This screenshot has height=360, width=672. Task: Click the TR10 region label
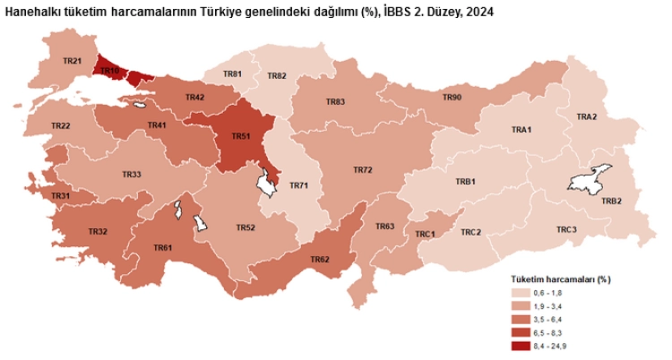pyautogui.click(x=109, y=70)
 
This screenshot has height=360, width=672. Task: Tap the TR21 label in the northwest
pyautogui.click(x=73, y=61)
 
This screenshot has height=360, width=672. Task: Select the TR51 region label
pyautogui.click(x=240, y=136)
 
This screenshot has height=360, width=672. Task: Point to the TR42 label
pyautogui.click(x=194, y=97)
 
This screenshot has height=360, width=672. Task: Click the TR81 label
pyautogui.click(x=232, y=73)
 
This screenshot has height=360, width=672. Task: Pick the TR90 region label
pyautogui.click(x=452, y=97)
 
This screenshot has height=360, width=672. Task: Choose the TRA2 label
pyautogui.click(x=587, y=117)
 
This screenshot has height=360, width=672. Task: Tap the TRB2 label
pyautogui.click(x=612, y=201)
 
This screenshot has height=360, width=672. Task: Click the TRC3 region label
pyautogui.click(x=566, y=230)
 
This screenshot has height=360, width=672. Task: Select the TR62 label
pyautogui.click(x=320, y=260)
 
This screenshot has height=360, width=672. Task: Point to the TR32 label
pyautogui.click(x=98, y=232)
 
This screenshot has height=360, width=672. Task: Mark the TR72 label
pyautogui.click(x=362, y=169)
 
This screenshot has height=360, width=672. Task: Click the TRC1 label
pyautogui.click(x=425, y=234)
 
